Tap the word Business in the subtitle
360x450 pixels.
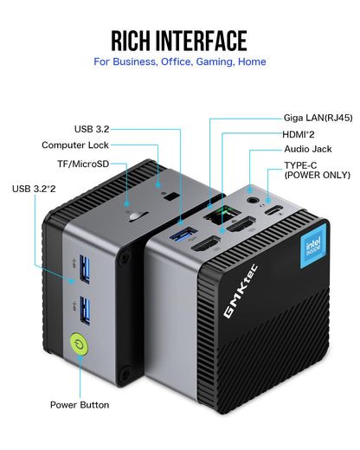click(142, 62)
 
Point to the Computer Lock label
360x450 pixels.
click(75, 145)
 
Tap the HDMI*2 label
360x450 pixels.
click(299, 133)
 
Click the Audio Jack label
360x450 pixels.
click(306, 149)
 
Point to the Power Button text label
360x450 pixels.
click(80, 404)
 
